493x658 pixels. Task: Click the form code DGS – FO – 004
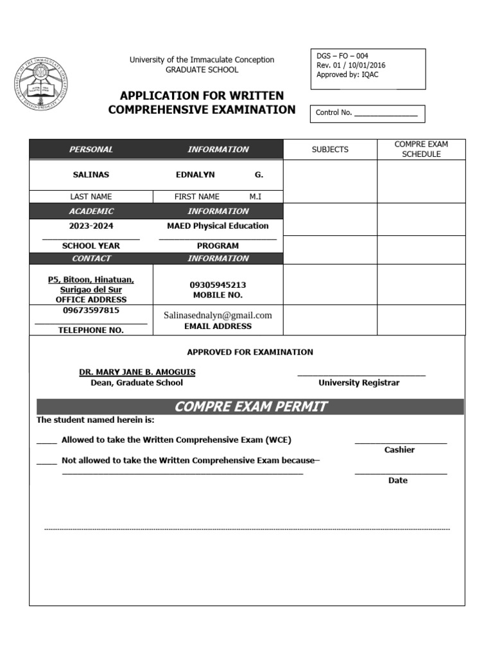click(x=342, y=56)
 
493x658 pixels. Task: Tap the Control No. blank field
click(x=385, y=114)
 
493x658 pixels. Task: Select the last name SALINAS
click(x=91, y=175)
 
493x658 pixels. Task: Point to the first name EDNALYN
click(x=195, y=175)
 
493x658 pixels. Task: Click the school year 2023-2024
click(x=91, y=226)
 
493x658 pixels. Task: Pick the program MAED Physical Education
click(x=218, y=226)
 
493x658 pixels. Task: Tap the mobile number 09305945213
click(x=218, y=285)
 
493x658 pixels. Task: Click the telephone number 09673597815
click(x=91, y=310)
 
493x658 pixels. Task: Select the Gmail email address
click(x=218, y=315)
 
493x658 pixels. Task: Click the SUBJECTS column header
click(x=330, y=150)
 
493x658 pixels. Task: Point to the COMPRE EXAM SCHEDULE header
click(x=421, y=149)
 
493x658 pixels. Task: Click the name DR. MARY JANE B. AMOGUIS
click(x=137, y=372)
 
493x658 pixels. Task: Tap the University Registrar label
click(x=359, y=383)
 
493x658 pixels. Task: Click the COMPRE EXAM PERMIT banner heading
click(x=250, y=407)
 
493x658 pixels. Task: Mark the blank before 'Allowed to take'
click(x=46, y=441)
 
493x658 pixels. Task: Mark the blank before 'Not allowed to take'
click(x=46, y=461)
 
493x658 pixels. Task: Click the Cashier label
click(x=399, y=450)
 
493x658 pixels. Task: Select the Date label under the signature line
click(x=398, y=481)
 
